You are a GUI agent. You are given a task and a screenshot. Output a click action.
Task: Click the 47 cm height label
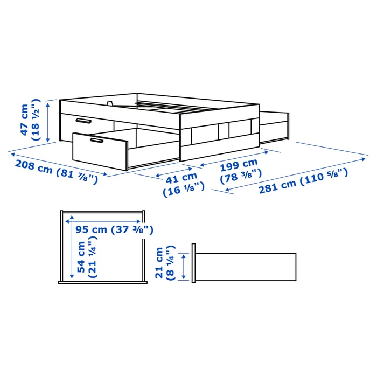tap(24, 120)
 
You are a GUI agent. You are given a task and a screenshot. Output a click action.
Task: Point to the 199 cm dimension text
tap(240, 164)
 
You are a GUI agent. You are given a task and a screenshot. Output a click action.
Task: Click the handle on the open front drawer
tap(97, 141)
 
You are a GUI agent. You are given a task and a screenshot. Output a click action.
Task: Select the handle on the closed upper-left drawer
tap(83, 121)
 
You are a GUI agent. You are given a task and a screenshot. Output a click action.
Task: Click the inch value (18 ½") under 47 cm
tap(36, 120)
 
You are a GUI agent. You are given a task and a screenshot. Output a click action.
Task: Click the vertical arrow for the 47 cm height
tap(49, 121)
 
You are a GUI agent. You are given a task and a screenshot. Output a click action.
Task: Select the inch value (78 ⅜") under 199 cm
tap(241, 173)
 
